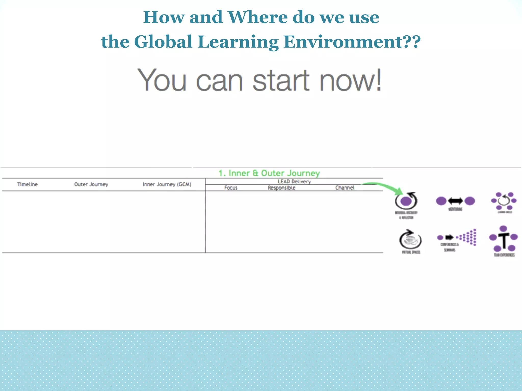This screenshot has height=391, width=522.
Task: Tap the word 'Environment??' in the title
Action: pos(352,42)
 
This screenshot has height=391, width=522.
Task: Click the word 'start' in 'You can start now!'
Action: pos(281,81)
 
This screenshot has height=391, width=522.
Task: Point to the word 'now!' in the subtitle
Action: pos(350,81)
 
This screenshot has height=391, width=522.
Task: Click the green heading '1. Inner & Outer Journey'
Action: pos(269,173)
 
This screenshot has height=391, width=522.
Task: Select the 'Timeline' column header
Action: pos(28,184)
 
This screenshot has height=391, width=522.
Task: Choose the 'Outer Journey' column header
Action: pos(91,184)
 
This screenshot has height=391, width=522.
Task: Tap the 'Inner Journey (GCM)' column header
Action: pos(167,184)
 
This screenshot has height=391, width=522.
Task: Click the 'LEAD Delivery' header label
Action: pos(294,181)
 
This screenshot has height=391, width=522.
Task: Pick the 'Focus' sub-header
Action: pos(231,188)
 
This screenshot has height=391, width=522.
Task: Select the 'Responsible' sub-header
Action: pos(281,188)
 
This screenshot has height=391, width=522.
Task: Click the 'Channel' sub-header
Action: pos(345,188)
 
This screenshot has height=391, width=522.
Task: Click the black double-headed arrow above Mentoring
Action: pos(455,201)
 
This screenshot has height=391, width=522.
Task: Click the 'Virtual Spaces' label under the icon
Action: pos(411,252)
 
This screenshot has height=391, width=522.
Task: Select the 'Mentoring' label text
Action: pos(455,209)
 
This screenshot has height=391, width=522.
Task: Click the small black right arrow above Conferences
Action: pos(449,238)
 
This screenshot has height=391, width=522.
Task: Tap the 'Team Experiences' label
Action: pos(504,255)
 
